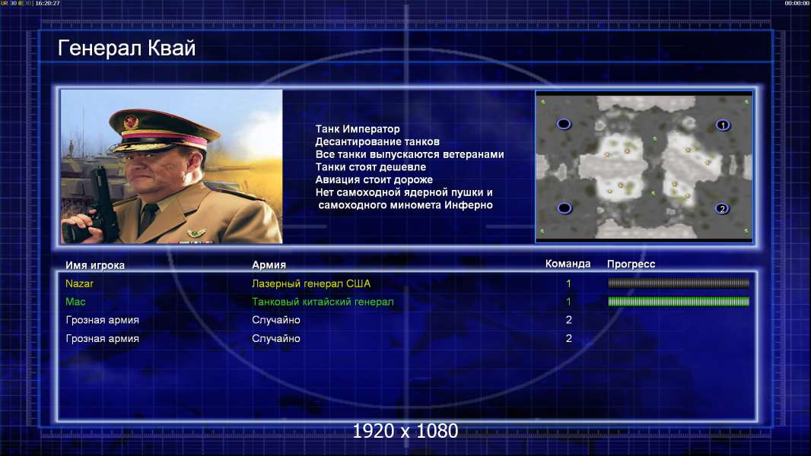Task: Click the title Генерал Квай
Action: click(127, 48)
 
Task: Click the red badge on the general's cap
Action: click(132, 122)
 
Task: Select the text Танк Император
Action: click(358, 129)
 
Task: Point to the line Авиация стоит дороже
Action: click(374, 179)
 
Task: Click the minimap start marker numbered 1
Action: click(723, 125)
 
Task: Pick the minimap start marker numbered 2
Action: click(722, 209)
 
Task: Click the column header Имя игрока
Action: click(95, 265)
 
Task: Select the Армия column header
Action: click(269, 264)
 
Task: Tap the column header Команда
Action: click(568, 264)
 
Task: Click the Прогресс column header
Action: click(631, 264)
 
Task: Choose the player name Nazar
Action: click(80, 283)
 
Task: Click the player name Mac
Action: click(75, 302)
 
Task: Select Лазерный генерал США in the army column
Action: click(311, 283)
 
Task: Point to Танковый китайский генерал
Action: click(323, 302)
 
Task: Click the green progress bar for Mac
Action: click(679, 302)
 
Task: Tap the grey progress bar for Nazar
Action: click(679, 283)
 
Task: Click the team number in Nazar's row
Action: click(568, 283)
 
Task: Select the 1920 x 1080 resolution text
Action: click(405, 431)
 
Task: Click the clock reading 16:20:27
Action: click(48, 3)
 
